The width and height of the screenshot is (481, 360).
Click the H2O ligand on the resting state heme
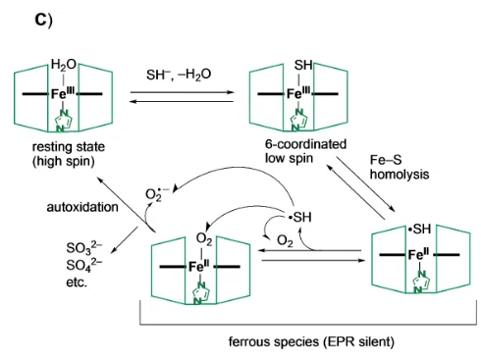(64, 65)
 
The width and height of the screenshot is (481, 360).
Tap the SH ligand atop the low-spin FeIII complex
(303, 65)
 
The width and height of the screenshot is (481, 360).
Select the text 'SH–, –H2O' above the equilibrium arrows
(179, 75)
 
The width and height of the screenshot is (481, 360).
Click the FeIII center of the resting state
(63, 94)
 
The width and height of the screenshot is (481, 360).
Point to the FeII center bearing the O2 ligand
(200, 267)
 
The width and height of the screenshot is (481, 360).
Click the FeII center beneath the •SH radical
(419, 254)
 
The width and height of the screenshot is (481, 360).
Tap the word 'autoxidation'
(82, 207)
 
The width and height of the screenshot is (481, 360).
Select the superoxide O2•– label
(157, 194)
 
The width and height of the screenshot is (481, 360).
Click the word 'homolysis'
(400, 175)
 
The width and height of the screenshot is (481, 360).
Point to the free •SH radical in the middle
(299, 217)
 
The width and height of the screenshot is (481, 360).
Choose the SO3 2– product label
(84, 247)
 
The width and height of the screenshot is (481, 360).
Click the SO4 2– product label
(84, 265)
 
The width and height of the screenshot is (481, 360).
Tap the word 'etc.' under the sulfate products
(77, 283)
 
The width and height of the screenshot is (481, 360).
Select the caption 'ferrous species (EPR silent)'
(311, 341)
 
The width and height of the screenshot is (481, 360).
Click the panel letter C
(43, 21)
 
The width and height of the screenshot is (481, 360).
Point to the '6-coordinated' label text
(305, 144)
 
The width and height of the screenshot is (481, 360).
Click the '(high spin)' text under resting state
(63, 161)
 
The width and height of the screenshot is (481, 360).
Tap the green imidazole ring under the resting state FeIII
(63, 121)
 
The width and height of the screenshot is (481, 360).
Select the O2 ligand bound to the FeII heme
(204, 239)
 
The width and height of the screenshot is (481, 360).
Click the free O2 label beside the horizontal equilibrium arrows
(285, 241)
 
